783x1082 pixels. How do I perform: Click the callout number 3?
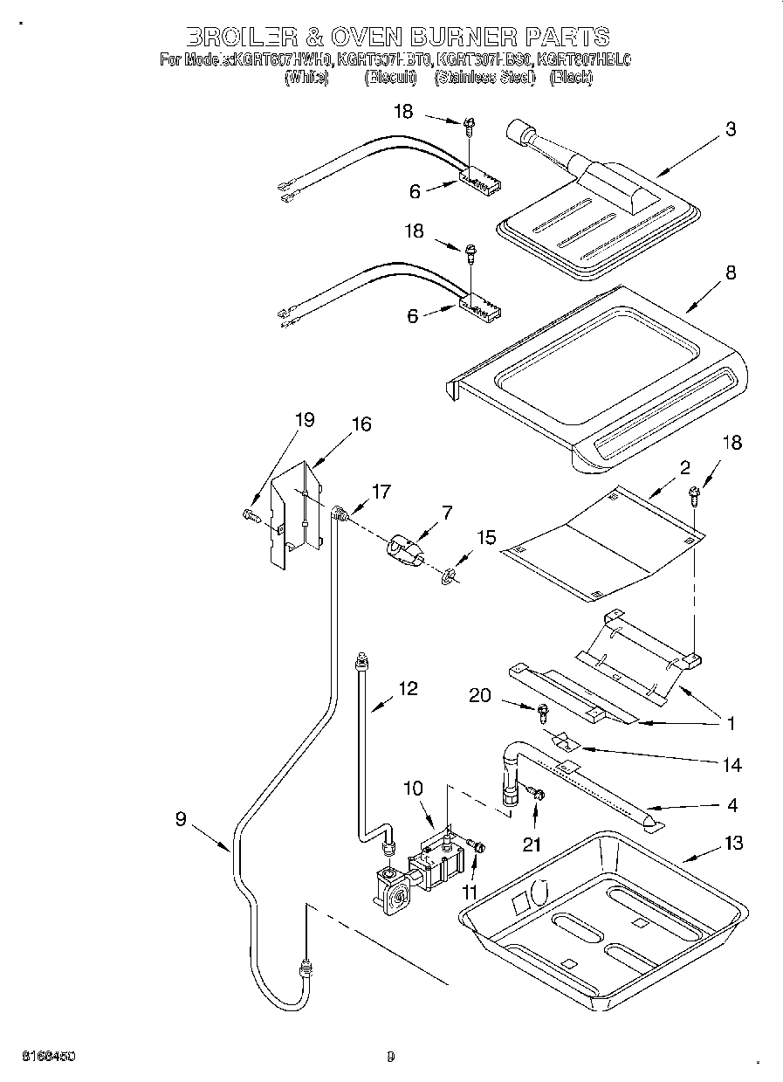click(x=730, y=129)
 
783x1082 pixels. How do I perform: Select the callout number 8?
click(x=730, y=272)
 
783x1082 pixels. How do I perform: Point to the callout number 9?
click(x=181, y=818)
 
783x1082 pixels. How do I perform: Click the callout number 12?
click(x=408, y=688)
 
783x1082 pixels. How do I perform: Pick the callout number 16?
click(x=361, y=424)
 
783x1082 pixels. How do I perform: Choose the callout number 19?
click(x=304, y=420)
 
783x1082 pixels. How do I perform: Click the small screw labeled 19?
click(x=251, y=516)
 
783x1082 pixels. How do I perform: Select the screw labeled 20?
click(x=540, y=712)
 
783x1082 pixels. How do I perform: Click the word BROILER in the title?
click(x=238, y=37)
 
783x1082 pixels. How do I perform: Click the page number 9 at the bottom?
click(x=391, y=1057)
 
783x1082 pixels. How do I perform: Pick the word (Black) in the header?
click(x=571, y=78)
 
